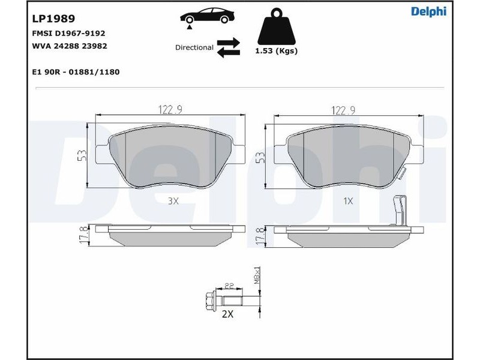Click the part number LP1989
click(x=53, y=19)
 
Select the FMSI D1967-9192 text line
click(x=68, y=34)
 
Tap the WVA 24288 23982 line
click(x=70, y=46)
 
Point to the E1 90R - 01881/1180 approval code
click(x=76, y=72)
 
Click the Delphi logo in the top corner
click(x=428, y=11)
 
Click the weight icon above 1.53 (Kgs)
click(x=277, y=27)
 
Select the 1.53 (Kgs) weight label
click(x=277, y=51)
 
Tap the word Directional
click(x=194, y=48)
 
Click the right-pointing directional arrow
click(x=229, y=42)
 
